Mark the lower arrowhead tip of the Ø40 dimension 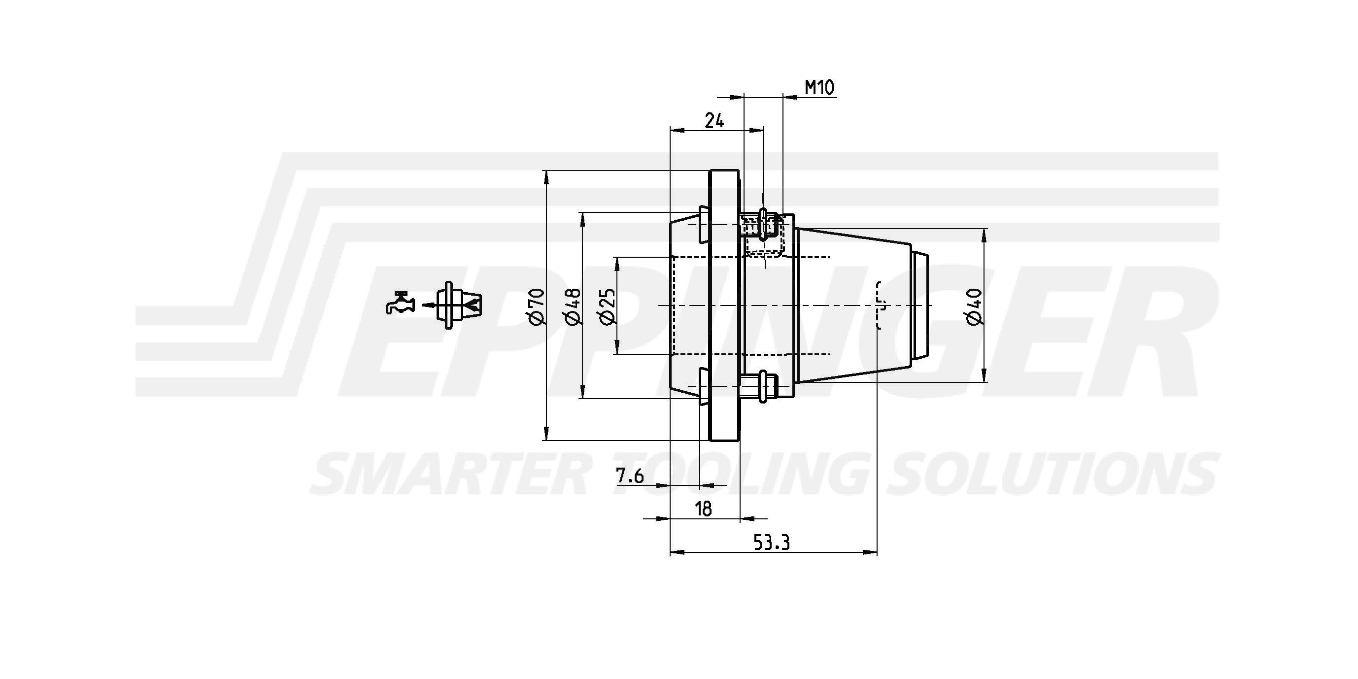coord(984,382)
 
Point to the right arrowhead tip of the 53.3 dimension coord(877,552)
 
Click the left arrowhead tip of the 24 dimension coord(670,129)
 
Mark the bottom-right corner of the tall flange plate coord(739,440)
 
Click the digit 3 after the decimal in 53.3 coord(785,542)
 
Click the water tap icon coord(400,303)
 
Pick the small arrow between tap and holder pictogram coord(431,305)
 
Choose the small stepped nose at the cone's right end coord(920,305)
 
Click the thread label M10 coord(820,88)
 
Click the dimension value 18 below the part coord(704,509)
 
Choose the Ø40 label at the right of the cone coord(974,306)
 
